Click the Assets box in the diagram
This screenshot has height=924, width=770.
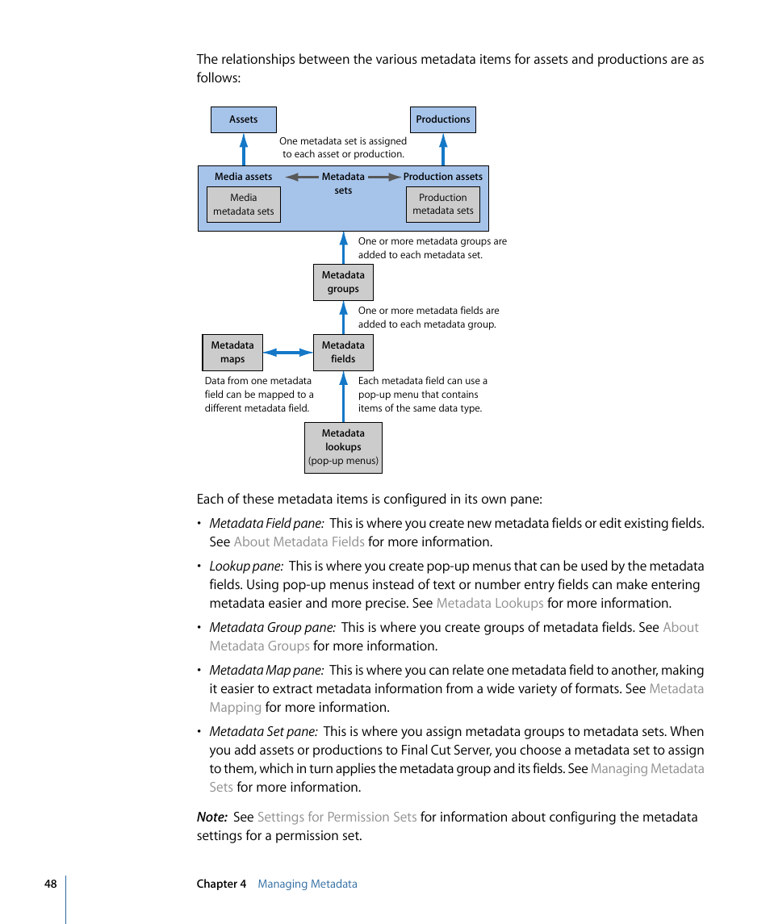[x=243, y=119]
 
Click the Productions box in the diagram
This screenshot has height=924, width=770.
[x=442, y=119]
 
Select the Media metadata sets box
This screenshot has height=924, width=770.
[x=243, y=205]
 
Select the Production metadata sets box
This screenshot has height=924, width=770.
[x=442, y=204]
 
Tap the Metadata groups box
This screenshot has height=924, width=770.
[x=343, y=282]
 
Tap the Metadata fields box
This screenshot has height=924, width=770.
[x=343, y=353]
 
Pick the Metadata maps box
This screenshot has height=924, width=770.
[x=232, y=353]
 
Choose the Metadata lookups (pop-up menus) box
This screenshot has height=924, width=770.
[x=343, y=447]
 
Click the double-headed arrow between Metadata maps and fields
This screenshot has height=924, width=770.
[x=287, y=353]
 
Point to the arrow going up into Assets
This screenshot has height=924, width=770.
[x=244, y=150]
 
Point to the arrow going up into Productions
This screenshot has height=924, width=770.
[x=442, y=150]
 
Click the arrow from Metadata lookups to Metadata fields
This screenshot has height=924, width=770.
[x=343, y=397]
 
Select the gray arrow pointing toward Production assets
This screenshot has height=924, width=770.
[x=384, y=177]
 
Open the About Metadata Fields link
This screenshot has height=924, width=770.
[x=299, y=542]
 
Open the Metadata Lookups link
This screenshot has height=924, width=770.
[x=489, y=604]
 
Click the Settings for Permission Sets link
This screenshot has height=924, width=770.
[x=337, y=817]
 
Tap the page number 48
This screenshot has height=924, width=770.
[x=51, y=884]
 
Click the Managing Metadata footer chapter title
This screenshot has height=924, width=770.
[x=308, y=884]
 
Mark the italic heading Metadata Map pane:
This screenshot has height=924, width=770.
[x=266, y=671]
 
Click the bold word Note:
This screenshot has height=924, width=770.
[x=212, y=817]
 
